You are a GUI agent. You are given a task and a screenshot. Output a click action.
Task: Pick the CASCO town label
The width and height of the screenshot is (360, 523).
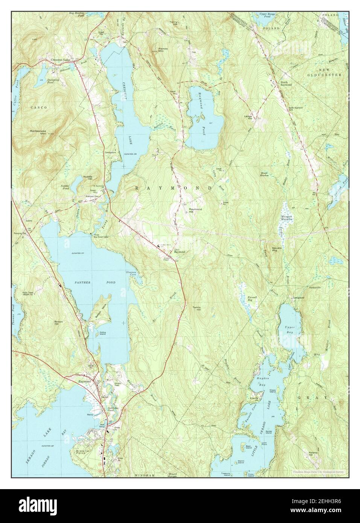[39, 108]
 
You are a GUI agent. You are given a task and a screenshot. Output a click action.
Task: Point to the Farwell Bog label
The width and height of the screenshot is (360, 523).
[252, 299]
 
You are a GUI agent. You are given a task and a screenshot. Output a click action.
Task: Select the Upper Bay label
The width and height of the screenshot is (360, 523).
[291, 330]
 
